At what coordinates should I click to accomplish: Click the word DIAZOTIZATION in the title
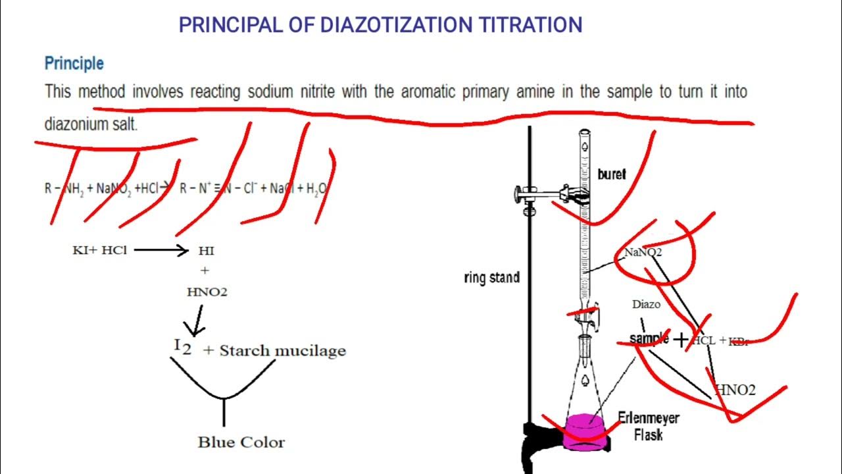396,26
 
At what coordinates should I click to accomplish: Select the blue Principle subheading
74,64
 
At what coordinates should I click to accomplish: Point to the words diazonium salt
91,124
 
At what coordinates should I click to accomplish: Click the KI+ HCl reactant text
99,250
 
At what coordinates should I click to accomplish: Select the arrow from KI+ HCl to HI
161,250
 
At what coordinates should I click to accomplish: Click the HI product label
206,251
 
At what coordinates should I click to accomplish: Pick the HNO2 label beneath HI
207,292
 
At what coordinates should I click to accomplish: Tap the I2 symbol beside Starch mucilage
183,347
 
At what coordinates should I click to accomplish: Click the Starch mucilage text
282,350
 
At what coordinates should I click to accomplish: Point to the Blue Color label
241,442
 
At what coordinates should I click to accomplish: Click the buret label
611,175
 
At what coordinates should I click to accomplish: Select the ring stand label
491,278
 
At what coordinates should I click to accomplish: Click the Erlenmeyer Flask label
648,426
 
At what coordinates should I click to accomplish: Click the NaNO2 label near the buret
643,252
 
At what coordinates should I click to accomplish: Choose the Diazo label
646,304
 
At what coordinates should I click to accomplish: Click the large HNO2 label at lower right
735,390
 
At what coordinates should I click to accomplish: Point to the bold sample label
649,338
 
